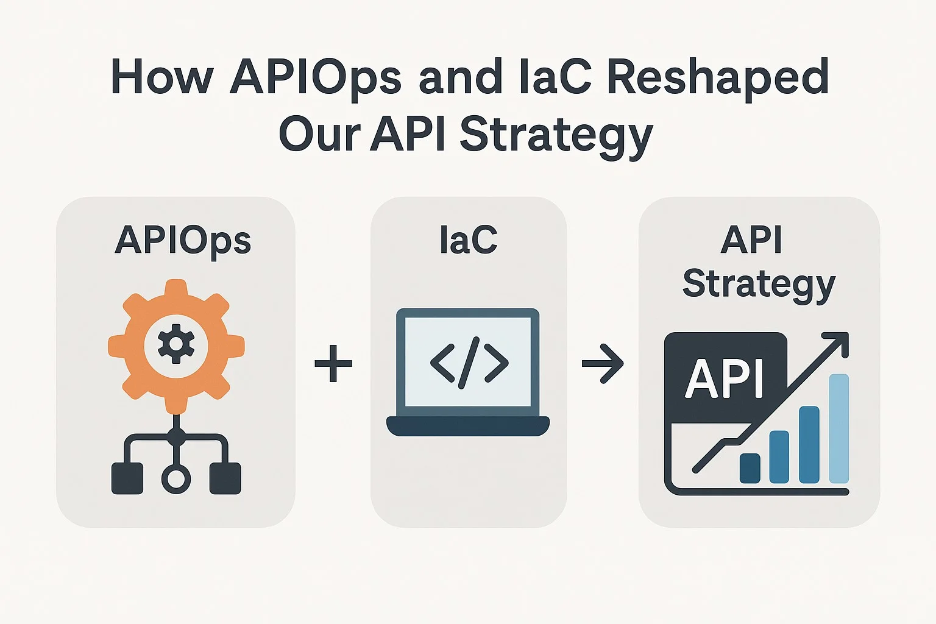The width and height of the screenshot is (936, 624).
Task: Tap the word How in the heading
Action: pyautogui.click(x=162, y=77)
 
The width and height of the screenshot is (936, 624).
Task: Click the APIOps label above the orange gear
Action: pyautogui.click(x=183, y=241)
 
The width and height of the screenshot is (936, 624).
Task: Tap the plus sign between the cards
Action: pyautogui.click(x=333, y=363)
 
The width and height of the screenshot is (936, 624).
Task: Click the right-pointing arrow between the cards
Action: pyautogui.click(x=603, y=363)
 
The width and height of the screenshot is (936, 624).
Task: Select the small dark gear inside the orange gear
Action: pyautogui.click(x=176, y=344)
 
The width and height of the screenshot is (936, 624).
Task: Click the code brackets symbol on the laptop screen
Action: pyautogui.click(x=469, y=363)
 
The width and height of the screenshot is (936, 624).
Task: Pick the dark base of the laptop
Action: pyautogui.click(x=467, y=426)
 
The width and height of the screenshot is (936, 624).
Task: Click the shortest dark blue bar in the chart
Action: pyautogui.click(x=750, y=468)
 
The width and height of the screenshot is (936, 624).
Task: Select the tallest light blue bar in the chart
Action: pyautogui.click(x=838, y=428)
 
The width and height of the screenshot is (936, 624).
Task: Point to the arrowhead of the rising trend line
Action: pyautogui.click(x=840, y=341)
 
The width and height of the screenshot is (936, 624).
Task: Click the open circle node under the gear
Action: pyautogui.click(x=176, y=479)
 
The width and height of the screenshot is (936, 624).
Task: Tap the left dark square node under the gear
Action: pyautogui.click(x=127, y=478)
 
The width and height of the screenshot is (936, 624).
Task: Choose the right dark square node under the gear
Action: pyautogui.click(x=225, y=478)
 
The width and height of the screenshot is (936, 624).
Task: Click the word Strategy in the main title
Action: pyautogui.click(x=556, y=137)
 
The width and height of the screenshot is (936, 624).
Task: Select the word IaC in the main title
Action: pyautogui.click(x=555, y=77)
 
